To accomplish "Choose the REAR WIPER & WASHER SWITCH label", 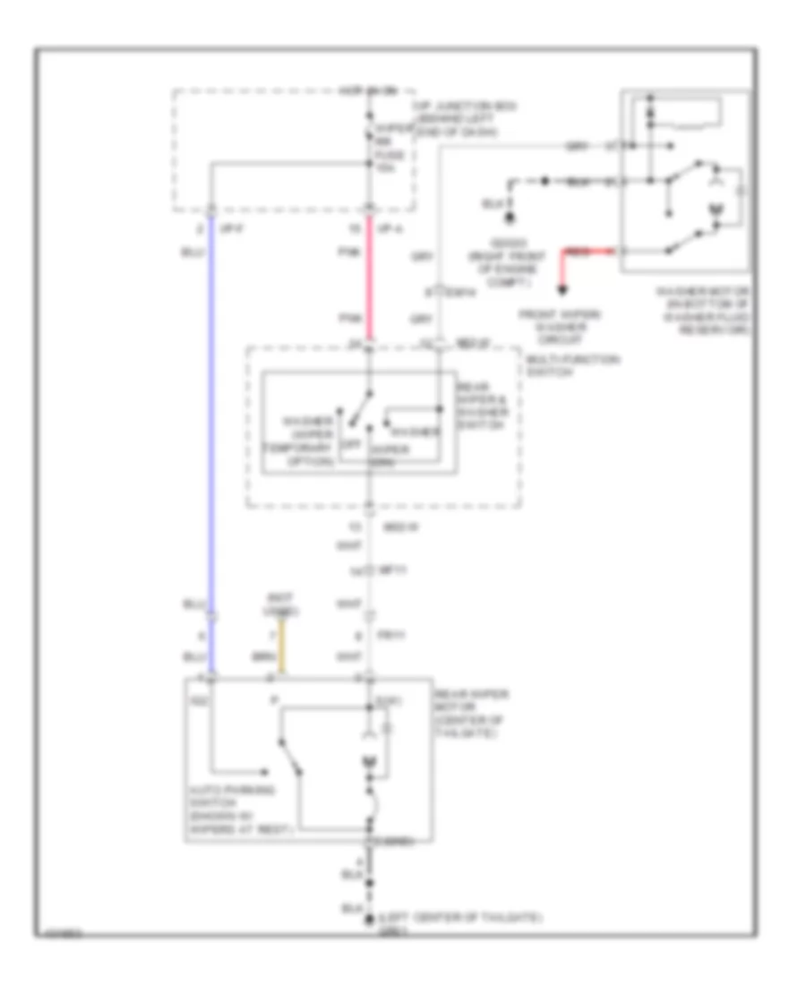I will (x=484, y=407).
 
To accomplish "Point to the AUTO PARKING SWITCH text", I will (x=235, y=810).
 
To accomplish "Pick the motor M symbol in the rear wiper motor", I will (x=368, y=763).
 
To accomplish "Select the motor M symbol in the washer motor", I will (x=715, y=210).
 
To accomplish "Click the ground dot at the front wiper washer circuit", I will (x=563, y=289).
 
